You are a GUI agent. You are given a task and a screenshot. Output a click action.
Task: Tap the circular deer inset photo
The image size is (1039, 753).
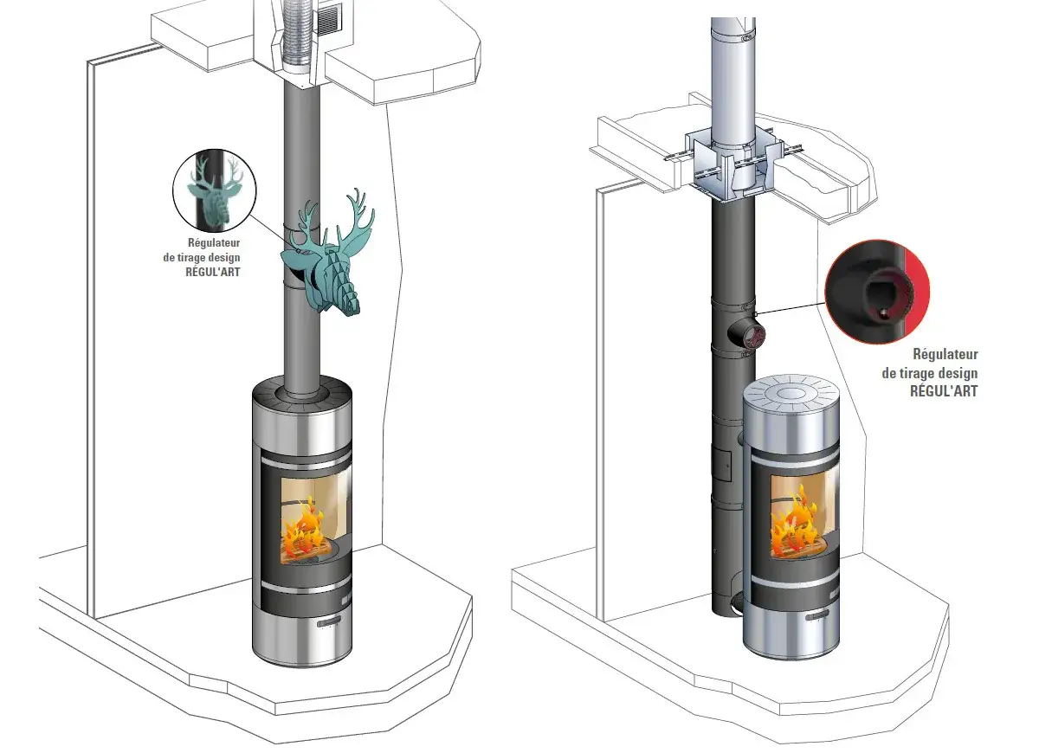click(x=215, y=190)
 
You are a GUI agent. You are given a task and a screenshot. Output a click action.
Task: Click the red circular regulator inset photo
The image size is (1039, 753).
click(x=877, y=292)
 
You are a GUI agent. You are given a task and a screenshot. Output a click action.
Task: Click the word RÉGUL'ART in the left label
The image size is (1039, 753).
click(x=213, y=272)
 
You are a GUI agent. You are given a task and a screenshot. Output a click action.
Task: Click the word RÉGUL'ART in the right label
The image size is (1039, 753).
click(x=944, y=391)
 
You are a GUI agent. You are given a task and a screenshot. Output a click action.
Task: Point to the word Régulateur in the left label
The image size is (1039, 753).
click(x=214, y=242)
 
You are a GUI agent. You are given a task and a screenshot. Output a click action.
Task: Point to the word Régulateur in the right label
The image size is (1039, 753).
click(x=945, y=354)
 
